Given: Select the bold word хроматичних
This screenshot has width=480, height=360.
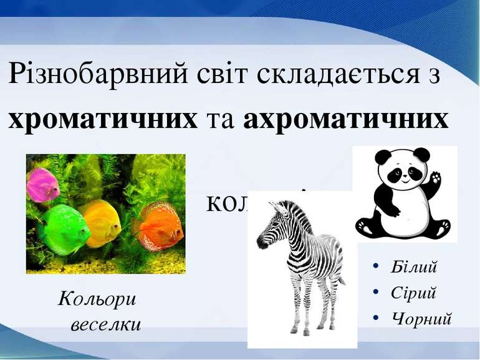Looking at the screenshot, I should point(102,118).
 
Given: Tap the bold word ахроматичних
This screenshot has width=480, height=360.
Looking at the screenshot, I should point(345,118).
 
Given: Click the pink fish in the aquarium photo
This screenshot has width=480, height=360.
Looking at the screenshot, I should point(42,185).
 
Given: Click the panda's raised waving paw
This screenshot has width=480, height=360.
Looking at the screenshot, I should point(434,181).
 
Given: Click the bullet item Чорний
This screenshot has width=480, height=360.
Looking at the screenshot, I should point(421,318).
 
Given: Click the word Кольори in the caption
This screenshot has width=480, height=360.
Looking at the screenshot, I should point(97,299).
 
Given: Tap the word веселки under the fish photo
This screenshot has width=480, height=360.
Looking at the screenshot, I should point(105,324).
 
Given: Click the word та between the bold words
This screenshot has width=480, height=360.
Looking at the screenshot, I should point(221,118).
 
